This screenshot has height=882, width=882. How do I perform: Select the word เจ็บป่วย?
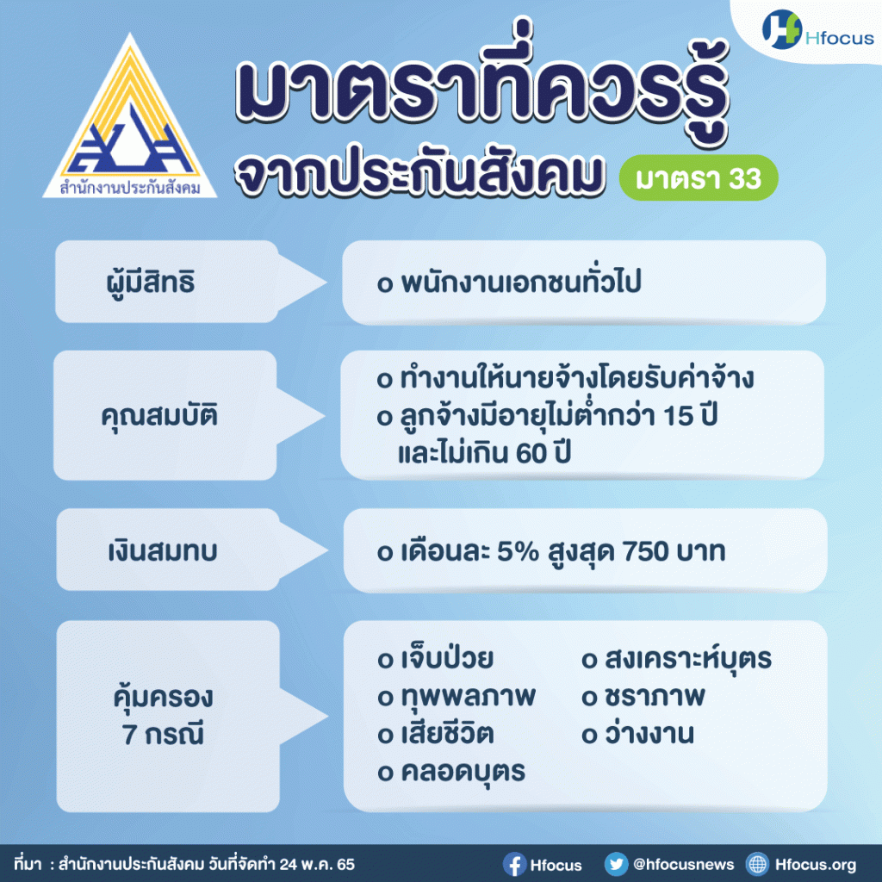(447, 660)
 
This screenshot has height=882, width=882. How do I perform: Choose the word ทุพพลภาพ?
(468, 697)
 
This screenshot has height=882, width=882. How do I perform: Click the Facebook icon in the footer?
(514, 864)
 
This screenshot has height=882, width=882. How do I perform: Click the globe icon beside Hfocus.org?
(758, 864)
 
